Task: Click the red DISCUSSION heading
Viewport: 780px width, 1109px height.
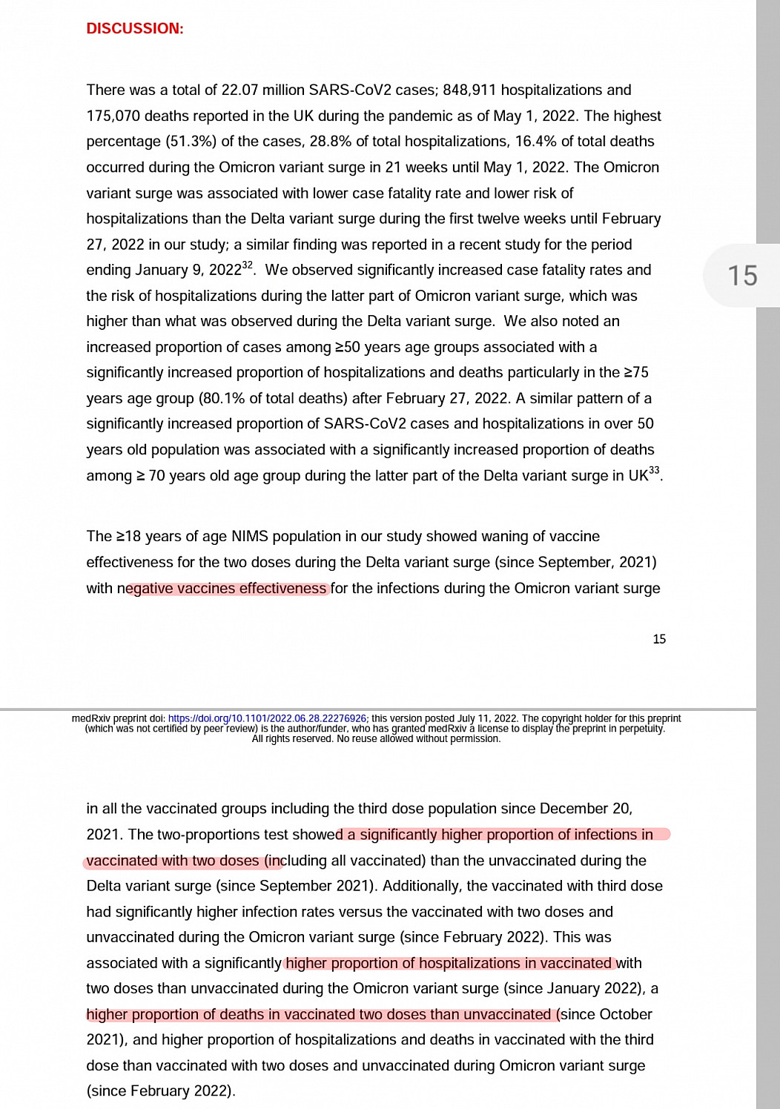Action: click(x=134, y=28)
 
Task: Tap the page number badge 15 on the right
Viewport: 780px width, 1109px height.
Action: click(x=741, y=276)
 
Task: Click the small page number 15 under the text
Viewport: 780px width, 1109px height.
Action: click(x=659, y=639)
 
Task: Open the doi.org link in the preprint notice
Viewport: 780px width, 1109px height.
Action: click(x=267, y=718)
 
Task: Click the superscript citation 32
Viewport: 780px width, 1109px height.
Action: click(x=248, y=265)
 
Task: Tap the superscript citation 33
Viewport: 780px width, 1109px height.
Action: click(x=653, y=470)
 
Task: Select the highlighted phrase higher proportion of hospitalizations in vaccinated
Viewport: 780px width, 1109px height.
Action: click(x=449, y=963)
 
